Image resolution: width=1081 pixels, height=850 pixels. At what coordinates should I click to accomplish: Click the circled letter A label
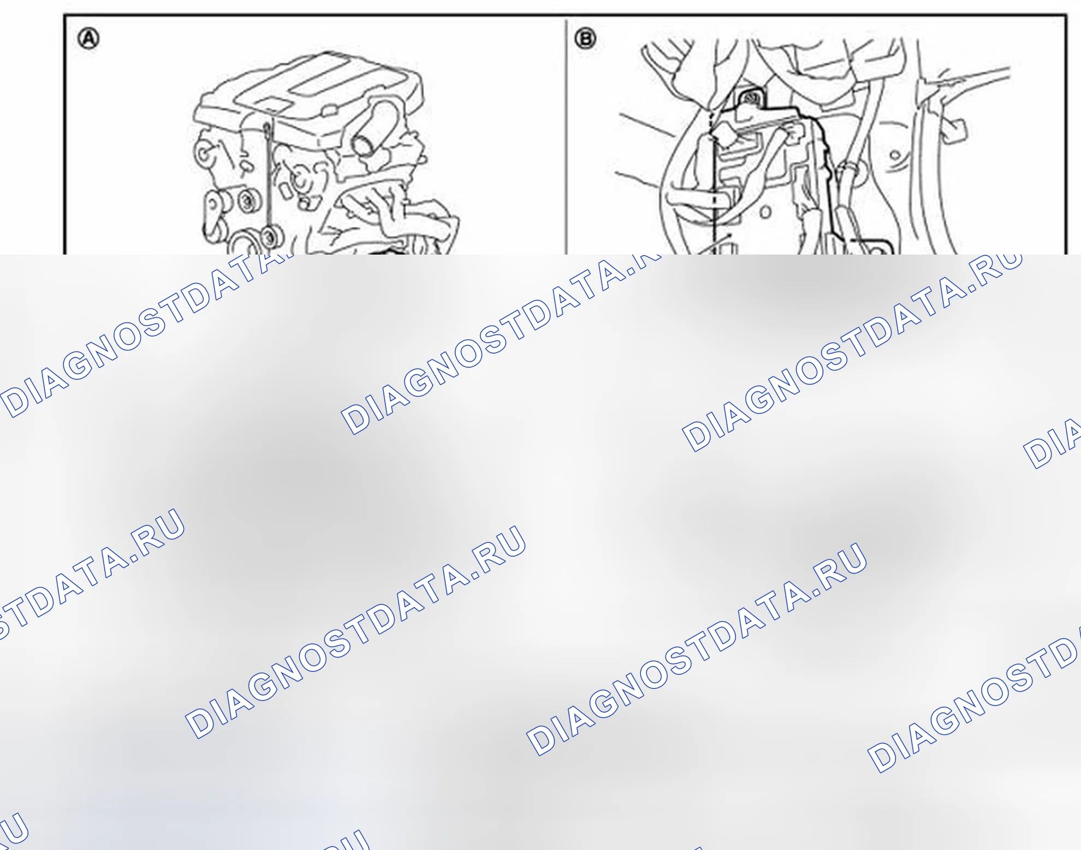[x=88, y=39]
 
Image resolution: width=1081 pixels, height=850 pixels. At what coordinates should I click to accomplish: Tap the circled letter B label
[x=585, y=39]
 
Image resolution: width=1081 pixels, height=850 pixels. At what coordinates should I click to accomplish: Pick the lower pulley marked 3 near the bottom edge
[x=269, y=237]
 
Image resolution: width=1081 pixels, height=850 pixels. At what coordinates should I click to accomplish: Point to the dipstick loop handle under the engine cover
[x=266, y=129]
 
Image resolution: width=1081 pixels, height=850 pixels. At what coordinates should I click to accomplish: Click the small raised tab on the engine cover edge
[x=329, y=111]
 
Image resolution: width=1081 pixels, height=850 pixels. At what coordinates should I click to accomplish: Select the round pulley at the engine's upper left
[x=204, y=154]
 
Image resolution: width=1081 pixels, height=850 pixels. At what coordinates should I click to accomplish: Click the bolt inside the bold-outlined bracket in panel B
[x=751, y=98]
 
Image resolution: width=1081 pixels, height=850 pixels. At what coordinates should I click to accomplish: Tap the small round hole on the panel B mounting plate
[x=765, y=212]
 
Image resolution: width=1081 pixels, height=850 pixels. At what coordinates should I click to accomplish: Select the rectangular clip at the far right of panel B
[x=954, y=131]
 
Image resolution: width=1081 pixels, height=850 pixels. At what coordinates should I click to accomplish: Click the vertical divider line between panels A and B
[x=566, y=137]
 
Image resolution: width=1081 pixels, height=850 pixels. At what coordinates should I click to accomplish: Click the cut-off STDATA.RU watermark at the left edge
[x=90, y=574]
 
